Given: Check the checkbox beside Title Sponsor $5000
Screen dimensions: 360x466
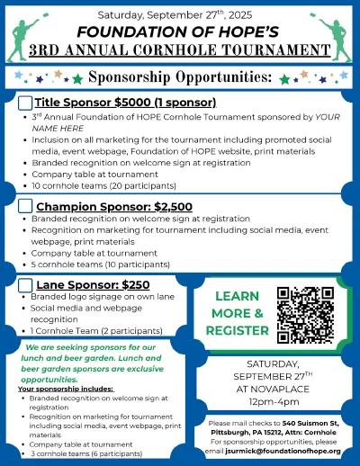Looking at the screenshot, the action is tap(25, 104).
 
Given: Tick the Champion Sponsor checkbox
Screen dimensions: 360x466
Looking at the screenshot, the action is tap(25, 207).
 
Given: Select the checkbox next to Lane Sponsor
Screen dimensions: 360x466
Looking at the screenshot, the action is tap(25, 285).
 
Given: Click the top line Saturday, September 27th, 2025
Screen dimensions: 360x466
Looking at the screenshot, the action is tap(179, 14).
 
